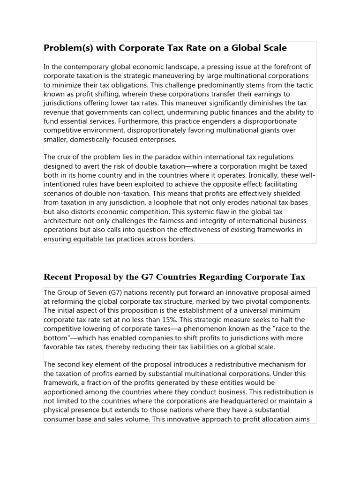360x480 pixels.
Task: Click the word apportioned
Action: tap(65, 383)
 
